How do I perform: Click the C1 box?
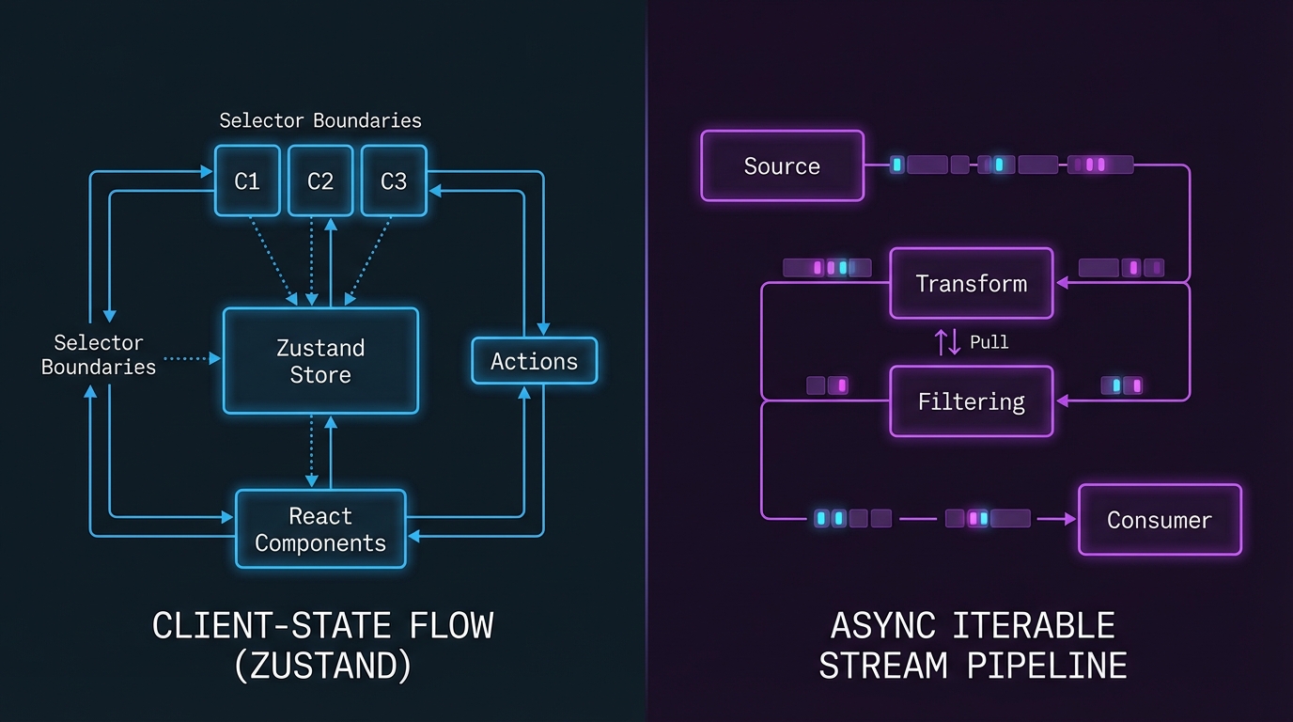coord(247,180)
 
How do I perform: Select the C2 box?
coord(320,180)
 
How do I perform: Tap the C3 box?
coord(394,180)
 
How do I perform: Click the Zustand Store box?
coord(320,361)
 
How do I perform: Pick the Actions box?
coord(534,361)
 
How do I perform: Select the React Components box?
coord(320,529)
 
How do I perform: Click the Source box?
coord(782,166)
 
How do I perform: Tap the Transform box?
coord(971,283)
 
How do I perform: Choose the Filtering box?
coord(971,401)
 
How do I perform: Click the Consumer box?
coord(1159,520)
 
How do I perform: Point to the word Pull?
coord(989,342)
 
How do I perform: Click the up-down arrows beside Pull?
coord(948,342)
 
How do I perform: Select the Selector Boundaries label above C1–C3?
coord(320,120)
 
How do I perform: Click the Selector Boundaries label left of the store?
coord(99,354)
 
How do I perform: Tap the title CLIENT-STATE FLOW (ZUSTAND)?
coord(322,645)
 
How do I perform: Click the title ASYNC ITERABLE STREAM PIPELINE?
coord(973,645)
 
